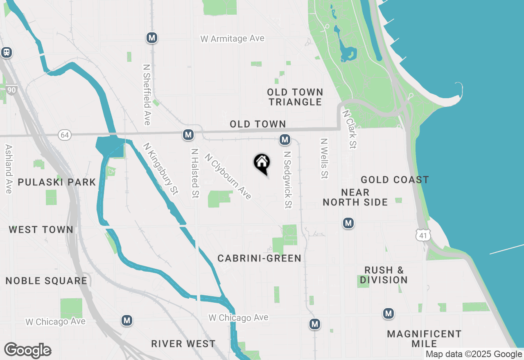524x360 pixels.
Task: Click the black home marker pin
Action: tap(262, 163)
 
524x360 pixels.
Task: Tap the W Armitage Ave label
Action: tap(232, 38)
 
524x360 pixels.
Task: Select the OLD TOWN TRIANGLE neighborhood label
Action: tap(295, 97)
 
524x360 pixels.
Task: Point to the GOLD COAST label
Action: tap(395, 180)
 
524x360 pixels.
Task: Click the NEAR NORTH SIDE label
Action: tap(355, 197)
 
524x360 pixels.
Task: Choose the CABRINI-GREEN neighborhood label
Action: tap(260, 258)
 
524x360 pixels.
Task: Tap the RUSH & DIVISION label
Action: tap(384, 275)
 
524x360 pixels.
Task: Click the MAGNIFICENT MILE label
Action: tap(424, 339)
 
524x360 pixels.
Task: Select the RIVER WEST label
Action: tap(183, 344)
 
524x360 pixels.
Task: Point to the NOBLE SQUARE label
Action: tap(46, 281)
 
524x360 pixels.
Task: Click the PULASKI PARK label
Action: tap(57, 182)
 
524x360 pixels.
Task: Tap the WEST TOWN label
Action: tap(41, 229)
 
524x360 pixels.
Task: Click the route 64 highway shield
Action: tap(64, 135)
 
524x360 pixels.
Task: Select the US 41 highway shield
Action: tap(422, 235)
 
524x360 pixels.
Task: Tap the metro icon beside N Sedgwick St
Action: tap(285, 140)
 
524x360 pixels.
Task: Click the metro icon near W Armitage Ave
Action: tap(152, 38)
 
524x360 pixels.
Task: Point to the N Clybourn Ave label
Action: tap(228, 176)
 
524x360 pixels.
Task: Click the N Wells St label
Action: tap(324, 158)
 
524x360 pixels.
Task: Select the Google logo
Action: tap(28, 351)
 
